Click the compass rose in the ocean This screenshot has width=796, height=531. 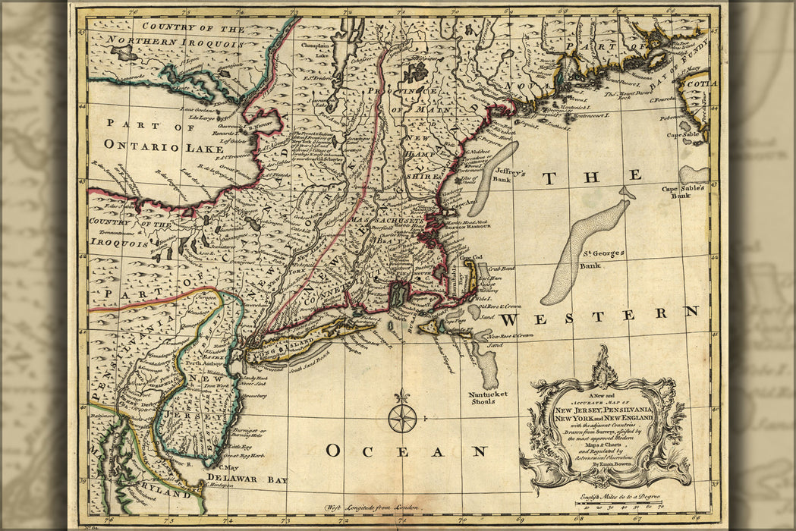pos(402,418)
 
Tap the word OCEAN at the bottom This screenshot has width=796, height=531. pos(406,451)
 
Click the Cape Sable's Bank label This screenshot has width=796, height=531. pos(682,191)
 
